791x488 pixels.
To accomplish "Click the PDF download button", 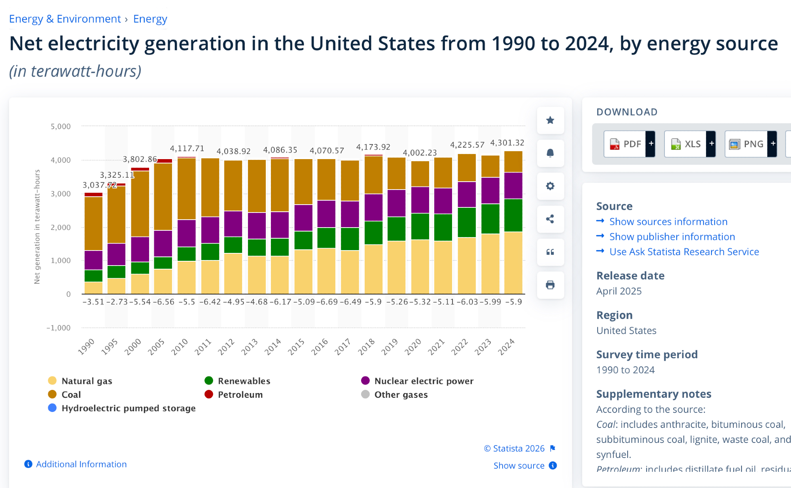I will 625,144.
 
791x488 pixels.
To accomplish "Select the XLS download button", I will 686,144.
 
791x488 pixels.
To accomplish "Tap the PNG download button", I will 746,144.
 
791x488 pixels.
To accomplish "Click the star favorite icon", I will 550,120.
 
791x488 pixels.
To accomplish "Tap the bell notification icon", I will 550,153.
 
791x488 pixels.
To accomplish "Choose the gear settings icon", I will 550,186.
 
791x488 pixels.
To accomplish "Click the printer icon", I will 550,285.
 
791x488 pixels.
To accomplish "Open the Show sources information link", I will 668,222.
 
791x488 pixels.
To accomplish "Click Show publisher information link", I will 672,237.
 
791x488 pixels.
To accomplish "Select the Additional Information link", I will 81,464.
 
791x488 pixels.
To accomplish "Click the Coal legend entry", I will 71,395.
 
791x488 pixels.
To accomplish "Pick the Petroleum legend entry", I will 240,395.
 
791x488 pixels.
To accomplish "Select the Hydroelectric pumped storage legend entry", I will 128,408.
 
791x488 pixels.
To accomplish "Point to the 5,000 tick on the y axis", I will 61,127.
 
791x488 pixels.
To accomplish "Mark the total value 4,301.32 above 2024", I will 507,143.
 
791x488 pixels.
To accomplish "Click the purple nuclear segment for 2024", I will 513,185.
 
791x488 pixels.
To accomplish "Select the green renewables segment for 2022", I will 467,222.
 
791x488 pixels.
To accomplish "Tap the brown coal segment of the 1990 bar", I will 93,223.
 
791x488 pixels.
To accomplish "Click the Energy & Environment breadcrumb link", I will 65,19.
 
